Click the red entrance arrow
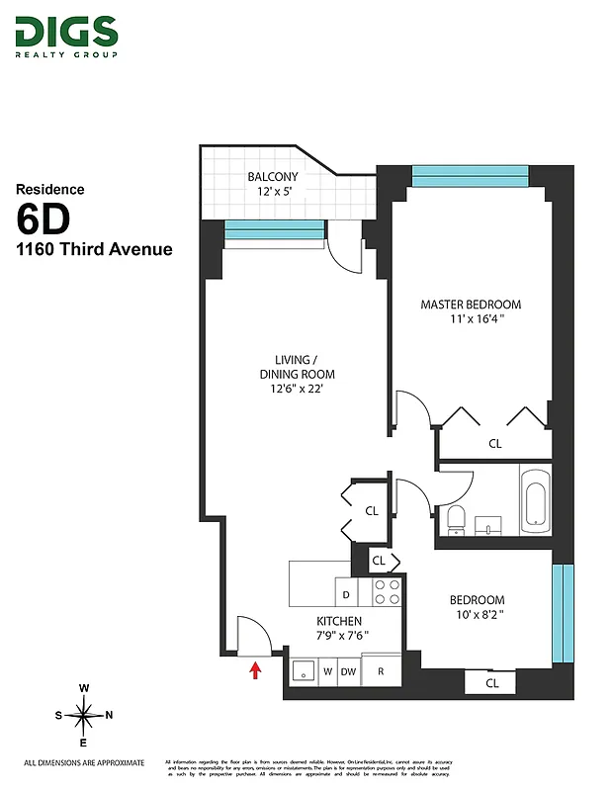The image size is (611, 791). click(x=255, y=671)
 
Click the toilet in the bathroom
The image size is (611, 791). click(x=456, y=517)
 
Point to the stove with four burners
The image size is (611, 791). click(x=387, y=592)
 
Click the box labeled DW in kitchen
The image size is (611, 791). click(x=348, y=671)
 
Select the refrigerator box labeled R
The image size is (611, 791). click(x=381, y=671)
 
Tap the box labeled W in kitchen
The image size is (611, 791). click(x=326, y=671)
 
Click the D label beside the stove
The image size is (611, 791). click(x=346, y=595)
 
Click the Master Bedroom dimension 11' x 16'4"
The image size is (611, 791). click(x=471, y=318)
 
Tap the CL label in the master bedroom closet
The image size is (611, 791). click(x=495, y=444)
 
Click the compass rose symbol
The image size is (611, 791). click(x=84, y=714)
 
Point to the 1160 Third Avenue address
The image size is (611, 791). click(x=93, y=249)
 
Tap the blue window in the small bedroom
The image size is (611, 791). click(x=562, y=613)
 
